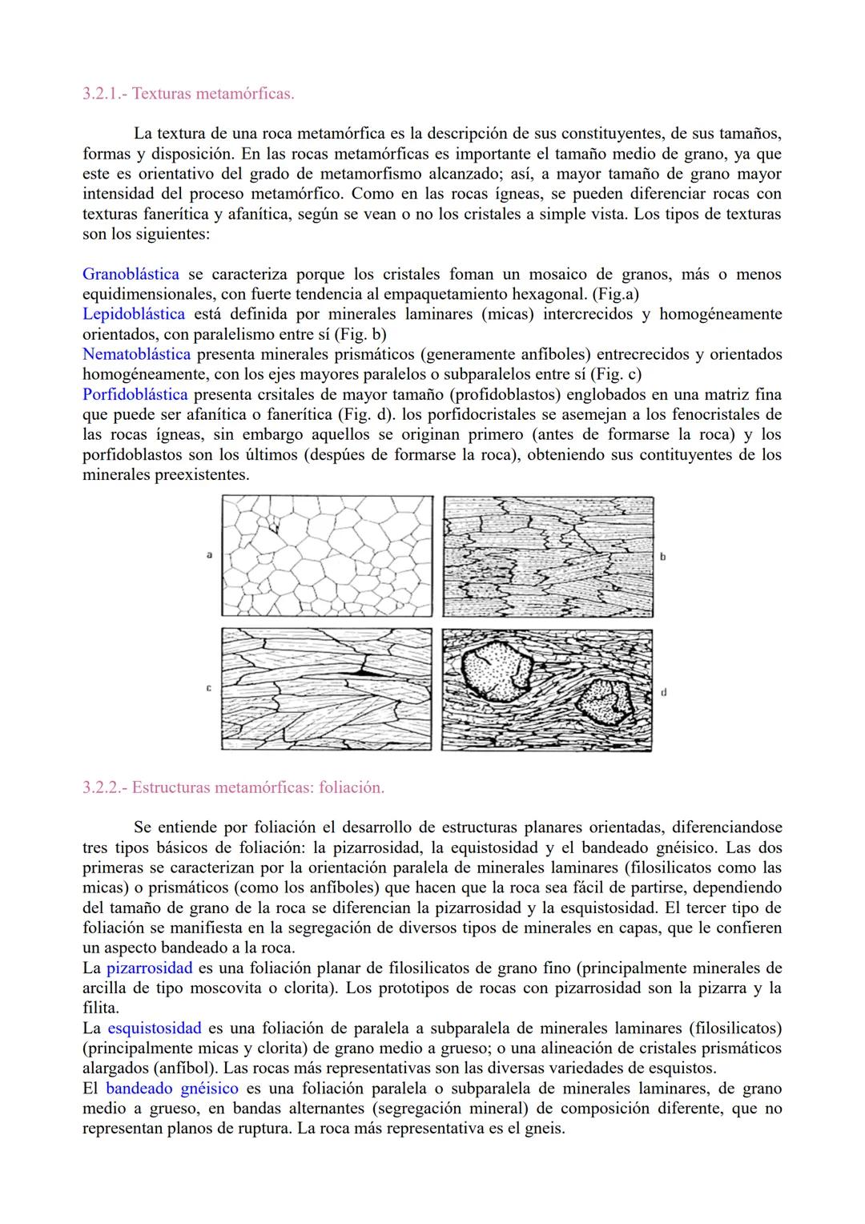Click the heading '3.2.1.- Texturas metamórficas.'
[188, 94]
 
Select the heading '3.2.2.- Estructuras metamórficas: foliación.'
[233, 787]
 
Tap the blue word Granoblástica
[131, 275]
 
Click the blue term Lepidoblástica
[133, 314]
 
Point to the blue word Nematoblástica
[136, 354]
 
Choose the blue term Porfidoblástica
[135, 394]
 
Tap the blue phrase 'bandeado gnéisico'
[172, 1088]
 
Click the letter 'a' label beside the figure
[209, 554]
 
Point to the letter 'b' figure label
[663, 556]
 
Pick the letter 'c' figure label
[209, 688]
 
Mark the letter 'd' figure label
[664, 692]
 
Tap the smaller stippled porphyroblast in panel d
[607, 701]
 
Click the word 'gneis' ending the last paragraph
[546, 1129]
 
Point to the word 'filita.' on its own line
[101, 1008]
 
